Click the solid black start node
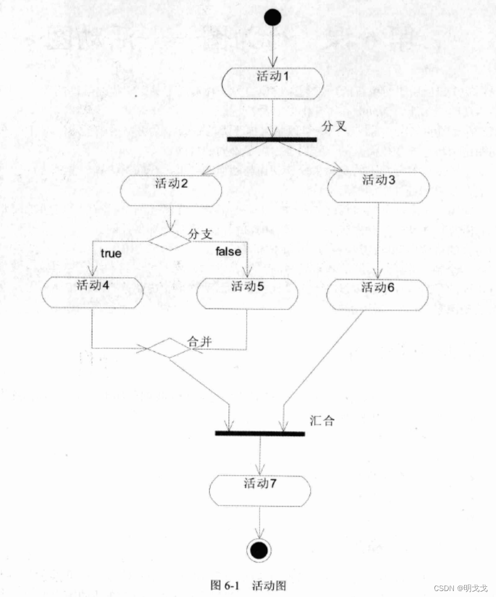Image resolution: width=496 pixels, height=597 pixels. (x=273, y=18)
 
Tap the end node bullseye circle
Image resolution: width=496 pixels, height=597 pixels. (x=259, y=551)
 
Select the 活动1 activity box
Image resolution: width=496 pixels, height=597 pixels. (x=273, y=83)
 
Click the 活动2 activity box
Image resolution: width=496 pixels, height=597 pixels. (x=171, y=191)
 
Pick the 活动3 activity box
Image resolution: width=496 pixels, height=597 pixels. (x=378, y=187)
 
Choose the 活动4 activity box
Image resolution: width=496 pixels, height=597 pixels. (x=93, y=292)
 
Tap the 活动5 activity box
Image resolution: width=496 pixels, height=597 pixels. (x=248, y=293)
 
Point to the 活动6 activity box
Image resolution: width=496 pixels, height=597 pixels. (x=378, y=295)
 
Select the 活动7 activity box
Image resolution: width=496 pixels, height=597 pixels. (x=260, y=491)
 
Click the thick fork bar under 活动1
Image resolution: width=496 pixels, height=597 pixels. (x=271, y=139)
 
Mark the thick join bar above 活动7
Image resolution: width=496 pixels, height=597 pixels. (x=260, y=433)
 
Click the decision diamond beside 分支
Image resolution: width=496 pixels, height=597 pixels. (x=170, y=242)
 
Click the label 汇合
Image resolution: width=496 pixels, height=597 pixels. (x=322, y=420)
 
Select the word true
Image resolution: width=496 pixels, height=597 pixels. (x=111, y=252)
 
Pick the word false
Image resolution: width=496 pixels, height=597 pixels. (x=228, y=251)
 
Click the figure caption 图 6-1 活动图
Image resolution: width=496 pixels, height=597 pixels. (x=248, y=585)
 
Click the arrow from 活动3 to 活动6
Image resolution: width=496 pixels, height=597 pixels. (x=378, y=240)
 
